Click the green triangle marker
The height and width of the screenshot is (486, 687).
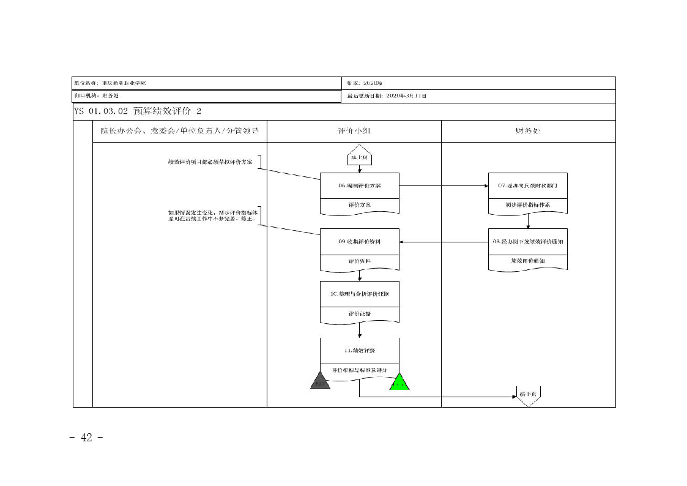pos(399,383)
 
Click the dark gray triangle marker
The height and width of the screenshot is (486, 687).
pos(320,381)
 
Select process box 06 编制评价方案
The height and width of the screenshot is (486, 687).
pos(360,185)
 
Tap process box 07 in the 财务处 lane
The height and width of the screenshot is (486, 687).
pos(527,185)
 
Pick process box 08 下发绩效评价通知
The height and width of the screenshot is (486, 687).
pos(527,242)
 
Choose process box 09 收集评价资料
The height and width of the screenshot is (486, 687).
pos(360,242)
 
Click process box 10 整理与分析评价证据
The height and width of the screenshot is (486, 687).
pos(360,294)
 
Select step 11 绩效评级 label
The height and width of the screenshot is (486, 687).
pos(360,351)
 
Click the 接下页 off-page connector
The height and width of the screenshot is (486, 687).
pos(527,395)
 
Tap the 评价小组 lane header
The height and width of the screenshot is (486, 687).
pos(354,131)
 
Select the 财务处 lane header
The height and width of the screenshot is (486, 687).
pos(528,131)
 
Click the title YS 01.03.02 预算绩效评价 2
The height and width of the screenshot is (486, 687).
pos(138,111)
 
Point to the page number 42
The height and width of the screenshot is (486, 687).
pos(86,438)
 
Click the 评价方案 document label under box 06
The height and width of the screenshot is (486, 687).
pos(360,205)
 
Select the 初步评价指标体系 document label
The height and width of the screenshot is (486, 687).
pos(527,205)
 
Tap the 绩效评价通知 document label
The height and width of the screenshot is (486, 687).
pos(527,261)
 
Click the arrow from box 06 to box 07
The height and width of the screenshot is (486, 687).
pos(444,185)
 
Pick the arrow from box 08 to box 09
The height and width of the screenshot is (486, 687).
pos(444,242)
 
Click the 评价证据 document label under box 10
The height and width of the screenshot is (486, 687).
pos(360,314)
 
